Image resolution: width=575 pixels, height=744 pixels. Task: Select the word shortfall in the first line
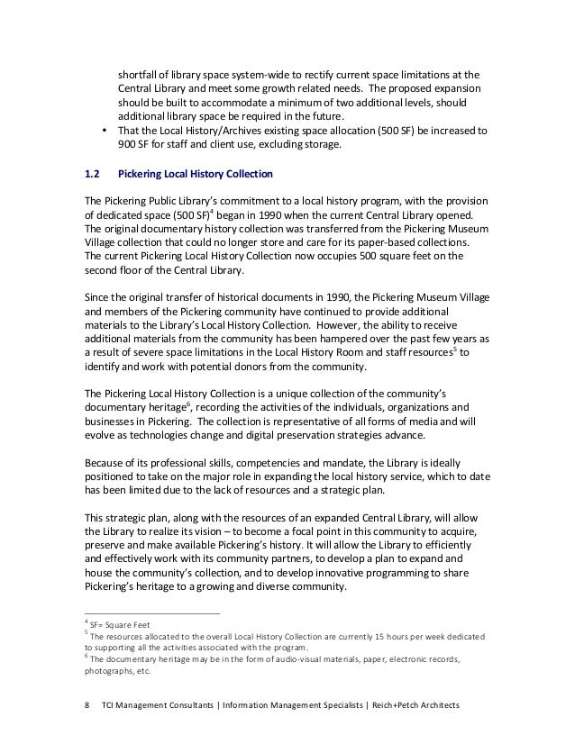coord(139,74)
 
